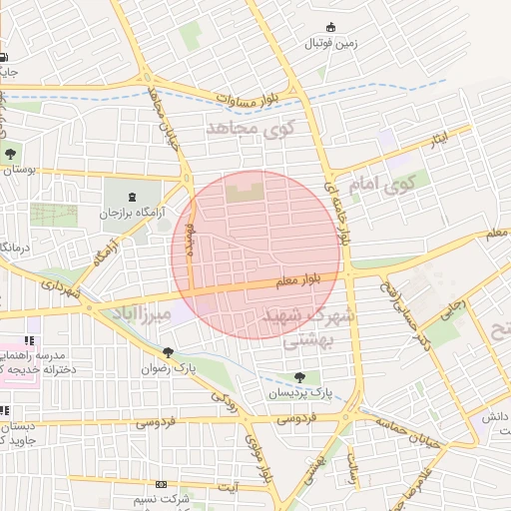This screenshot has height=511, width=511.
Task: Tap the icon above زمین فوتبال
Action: click(329, 27)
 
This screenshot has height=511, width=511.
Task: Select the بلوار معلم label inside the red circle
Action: click(298, 282)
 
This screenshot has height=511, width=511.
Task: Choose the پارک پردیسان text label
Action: click(295, 394)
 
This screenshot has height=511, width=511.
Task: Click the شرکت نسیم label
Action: click(162, 498)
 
